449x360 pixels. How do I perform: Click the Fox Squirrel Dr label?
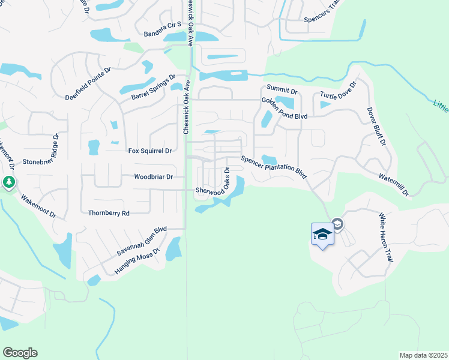tap(149, 151)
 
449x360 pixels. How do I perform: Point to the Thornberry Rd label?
tap(109, 213)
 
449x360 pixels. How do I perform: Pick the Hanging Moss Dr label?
tap(137, 262)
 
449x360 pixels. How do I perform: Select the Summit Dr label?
tap(282, 88)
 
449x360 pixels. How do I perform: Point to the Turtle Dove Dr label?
tap(338, 91)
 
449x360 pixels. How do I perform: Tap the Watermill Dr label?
tap(393, 185)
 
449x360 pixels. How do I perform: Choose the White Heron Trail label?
tap(385, 236)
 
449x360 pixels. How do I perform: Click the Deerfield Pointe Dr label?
tap(88, 83)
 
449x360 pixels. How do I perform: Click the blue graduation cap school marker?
tap(322, 233)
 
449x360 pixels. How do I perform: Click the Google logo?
tap(20, 353)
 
